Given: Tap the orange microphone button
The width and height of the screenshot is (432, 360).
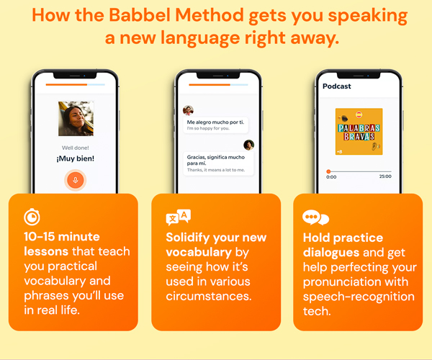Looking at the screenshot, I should (75, 179).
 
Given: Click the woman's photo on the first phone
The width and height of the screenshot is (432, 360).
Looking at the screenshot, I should (76, 119).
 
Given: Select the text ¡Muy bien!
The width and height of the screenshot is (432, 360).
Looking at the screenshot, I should (75, 158).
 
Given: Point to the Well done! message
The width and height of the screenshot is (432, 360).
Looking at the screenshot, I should (75, 147).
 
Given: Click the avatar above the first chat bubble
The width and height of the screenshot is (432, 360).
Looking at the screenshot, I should (188, 110).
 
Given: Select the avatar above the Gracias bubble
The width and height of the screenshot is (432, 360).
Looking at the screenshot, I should (248, 145).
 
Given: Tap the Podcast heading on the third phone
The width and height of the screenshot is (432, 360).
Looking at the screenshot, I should (337, 86).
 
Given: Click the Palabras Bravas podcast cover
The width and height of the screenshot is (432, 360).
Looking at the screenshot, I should (358, 131).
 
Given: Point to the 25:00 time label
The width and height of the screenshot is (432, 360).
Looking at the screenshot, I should (385, 176).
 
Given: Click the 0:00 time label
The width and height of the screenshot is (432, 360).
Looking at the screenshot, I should (331, 176).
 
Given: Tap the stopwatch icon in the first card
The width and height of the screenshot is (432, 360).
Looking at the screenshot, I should (31, 217).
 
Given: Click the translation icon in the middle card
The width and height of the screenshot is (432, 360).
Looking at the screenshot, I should (178, 217).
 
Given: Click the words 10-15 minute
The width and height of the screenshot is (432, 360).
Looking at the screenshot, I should (61, 237).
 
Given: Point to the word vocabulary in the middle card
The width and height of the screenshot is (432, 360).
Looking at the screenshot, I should (199, 252).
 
